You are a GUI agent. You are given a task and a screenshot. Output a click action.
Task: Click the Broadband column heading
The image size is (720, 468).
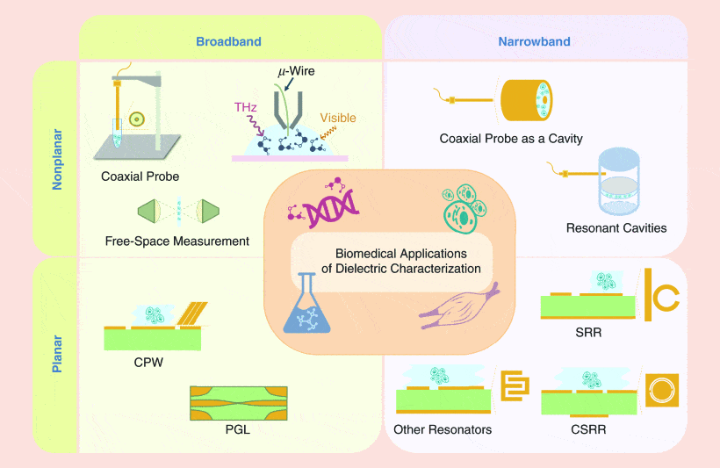(x=228, y=41)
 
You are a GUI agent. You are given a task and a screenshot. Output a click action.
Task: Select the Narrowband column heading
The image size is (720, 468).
(x=534, y=41)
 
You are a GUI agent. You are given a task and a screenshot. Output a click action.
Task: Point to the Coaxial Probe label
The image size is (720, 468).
(x=140, y=176)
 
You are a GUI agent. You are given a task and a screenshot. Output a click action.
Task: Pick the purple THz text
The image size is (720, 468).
(x=246, y=107)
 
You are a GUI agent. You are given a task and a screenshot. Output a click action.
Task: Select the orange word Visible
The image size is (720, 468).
(x=338, y=117)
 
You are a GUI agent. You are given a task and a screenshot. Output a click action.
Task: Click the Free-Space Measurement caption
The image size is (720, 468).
(x=177, y=241)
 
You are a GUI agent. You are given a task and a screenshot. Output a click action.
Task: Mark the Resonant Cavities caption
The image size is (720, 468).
(x=616, y=228)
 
